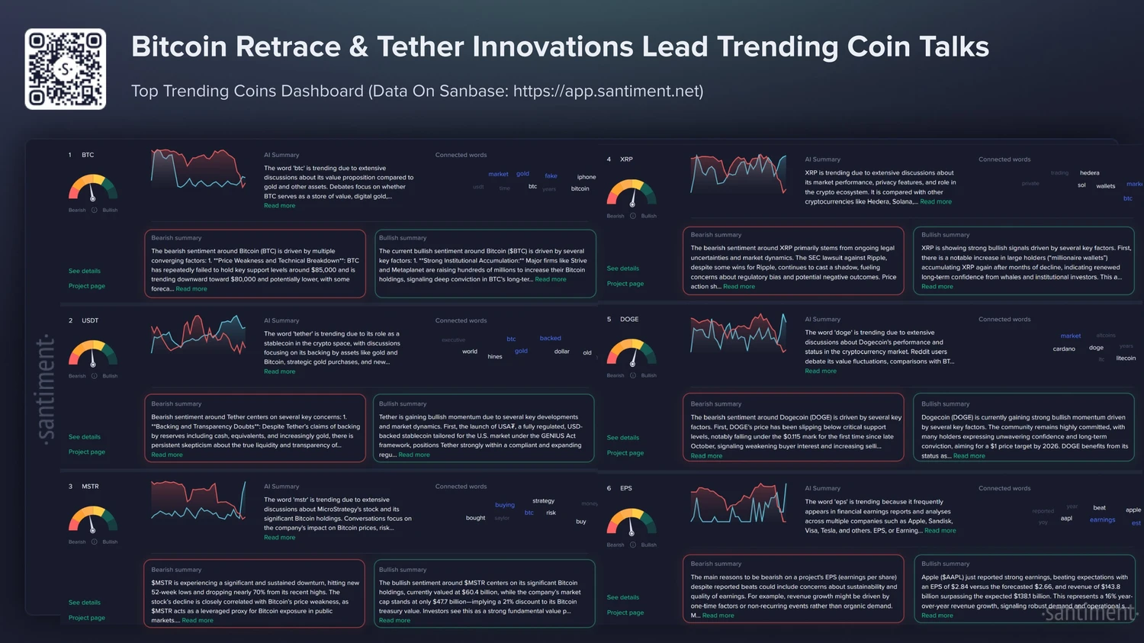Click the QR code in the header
[x=66, y=69]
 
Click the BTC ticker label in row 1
[x=88, y=155]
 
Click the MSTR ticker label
[x=90, y=487]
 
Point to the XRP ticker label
[x=626, y=159]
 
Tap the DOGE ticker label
[x=629, y=320]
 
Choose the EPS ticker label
[x=626, y=488]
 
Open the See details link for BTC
[x=85, y=271]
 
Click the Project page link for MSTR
[x=87, y=618]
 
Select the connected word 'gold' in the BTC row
[x=522, y=174]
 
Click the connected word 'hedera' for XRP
[x=1089, y=173]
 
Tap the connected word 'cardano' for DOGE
[x=1064, y=349]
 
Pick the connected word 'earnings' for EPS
[x=1102, y=520]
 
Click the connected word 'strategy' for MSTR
[x=543, y=501]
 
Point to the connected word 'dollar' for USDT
[x=561, y=352]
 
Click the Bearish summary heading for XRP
[x=715, y=235]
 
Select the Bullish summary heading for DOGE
[x=945, y=404]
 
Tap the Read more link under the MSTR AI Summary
[x=279, y=538]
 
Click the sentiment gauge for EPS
[x=631, y=522]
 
